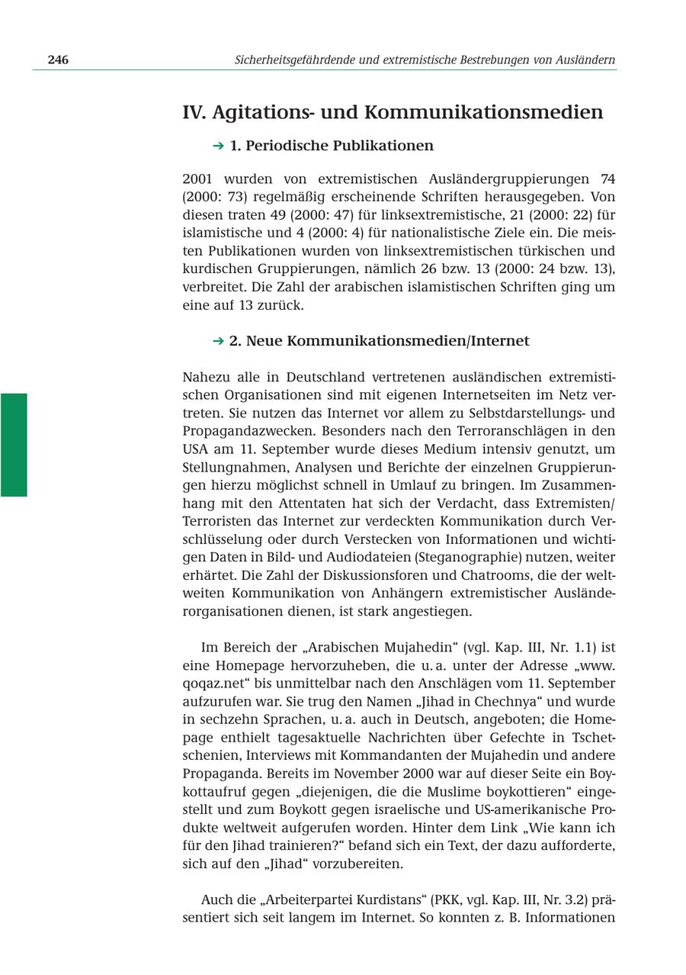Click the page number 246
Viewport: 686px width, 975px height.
58,60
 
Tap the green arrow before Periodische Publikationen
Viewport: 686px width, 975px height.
218,146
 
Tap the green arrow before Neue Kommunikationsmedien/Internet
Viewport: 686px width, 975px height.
218,341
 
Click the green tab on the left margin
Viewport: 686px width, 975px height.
14,445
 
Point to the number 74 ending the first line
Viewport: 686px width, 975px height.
607,179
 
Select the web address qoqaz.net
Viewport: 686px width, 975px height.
215,684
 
